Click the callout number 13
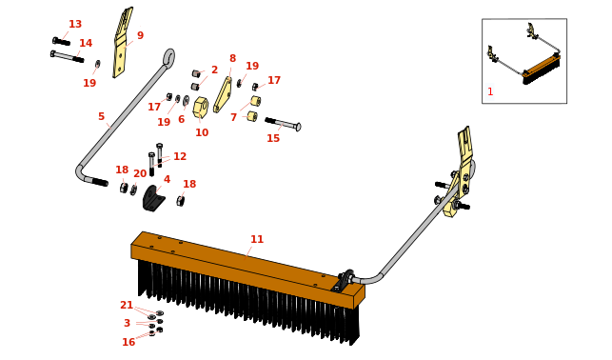click(75, 24)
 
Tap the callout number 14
click(86, 43)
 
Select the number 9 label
click(140, 35)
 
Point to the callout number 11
click(257, 239)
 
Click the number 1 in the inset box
click(490, 91)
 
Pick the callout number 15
click(273, 138)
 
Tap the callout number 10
click(202, 132)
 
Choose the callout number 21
click(127, 305)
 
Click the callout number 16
click(128, 342)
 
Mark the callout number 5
click(102, 116)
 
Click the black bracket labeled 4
click(153, 198)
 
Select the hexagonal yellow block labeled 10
click(201, 108)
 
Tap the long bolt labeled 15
click(283, 124)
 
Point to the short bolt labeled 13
click(61, 41)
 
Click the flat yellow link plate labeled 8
click(223, 94)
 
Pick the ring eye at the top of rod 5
click(169, 58)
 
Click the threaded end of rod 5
click(100, 182)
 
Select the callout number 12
click(180, 156)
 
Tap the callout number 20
click(140, 173)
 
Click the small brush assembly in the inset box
click(542, 70)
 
